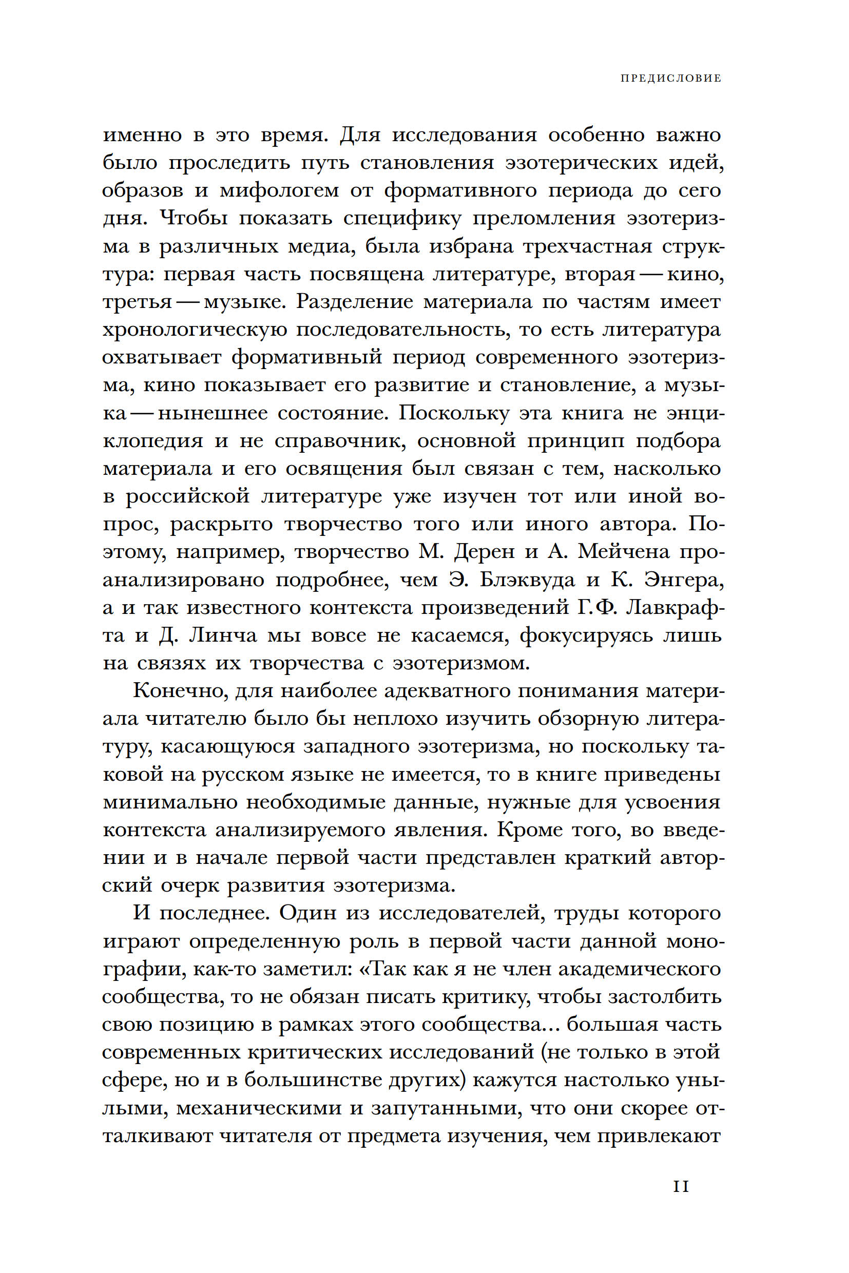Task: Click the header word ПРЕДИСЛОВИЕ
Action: (670, 79)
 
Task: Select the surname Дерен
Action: (484, 552)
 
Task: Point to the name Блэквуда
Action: (526, 580)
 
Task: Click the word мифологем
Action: (278, 190)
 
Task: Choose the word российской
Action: (188, 496)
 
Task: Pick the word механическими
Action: (258, 1108)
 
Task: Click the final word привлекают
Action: (659, 1136)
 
